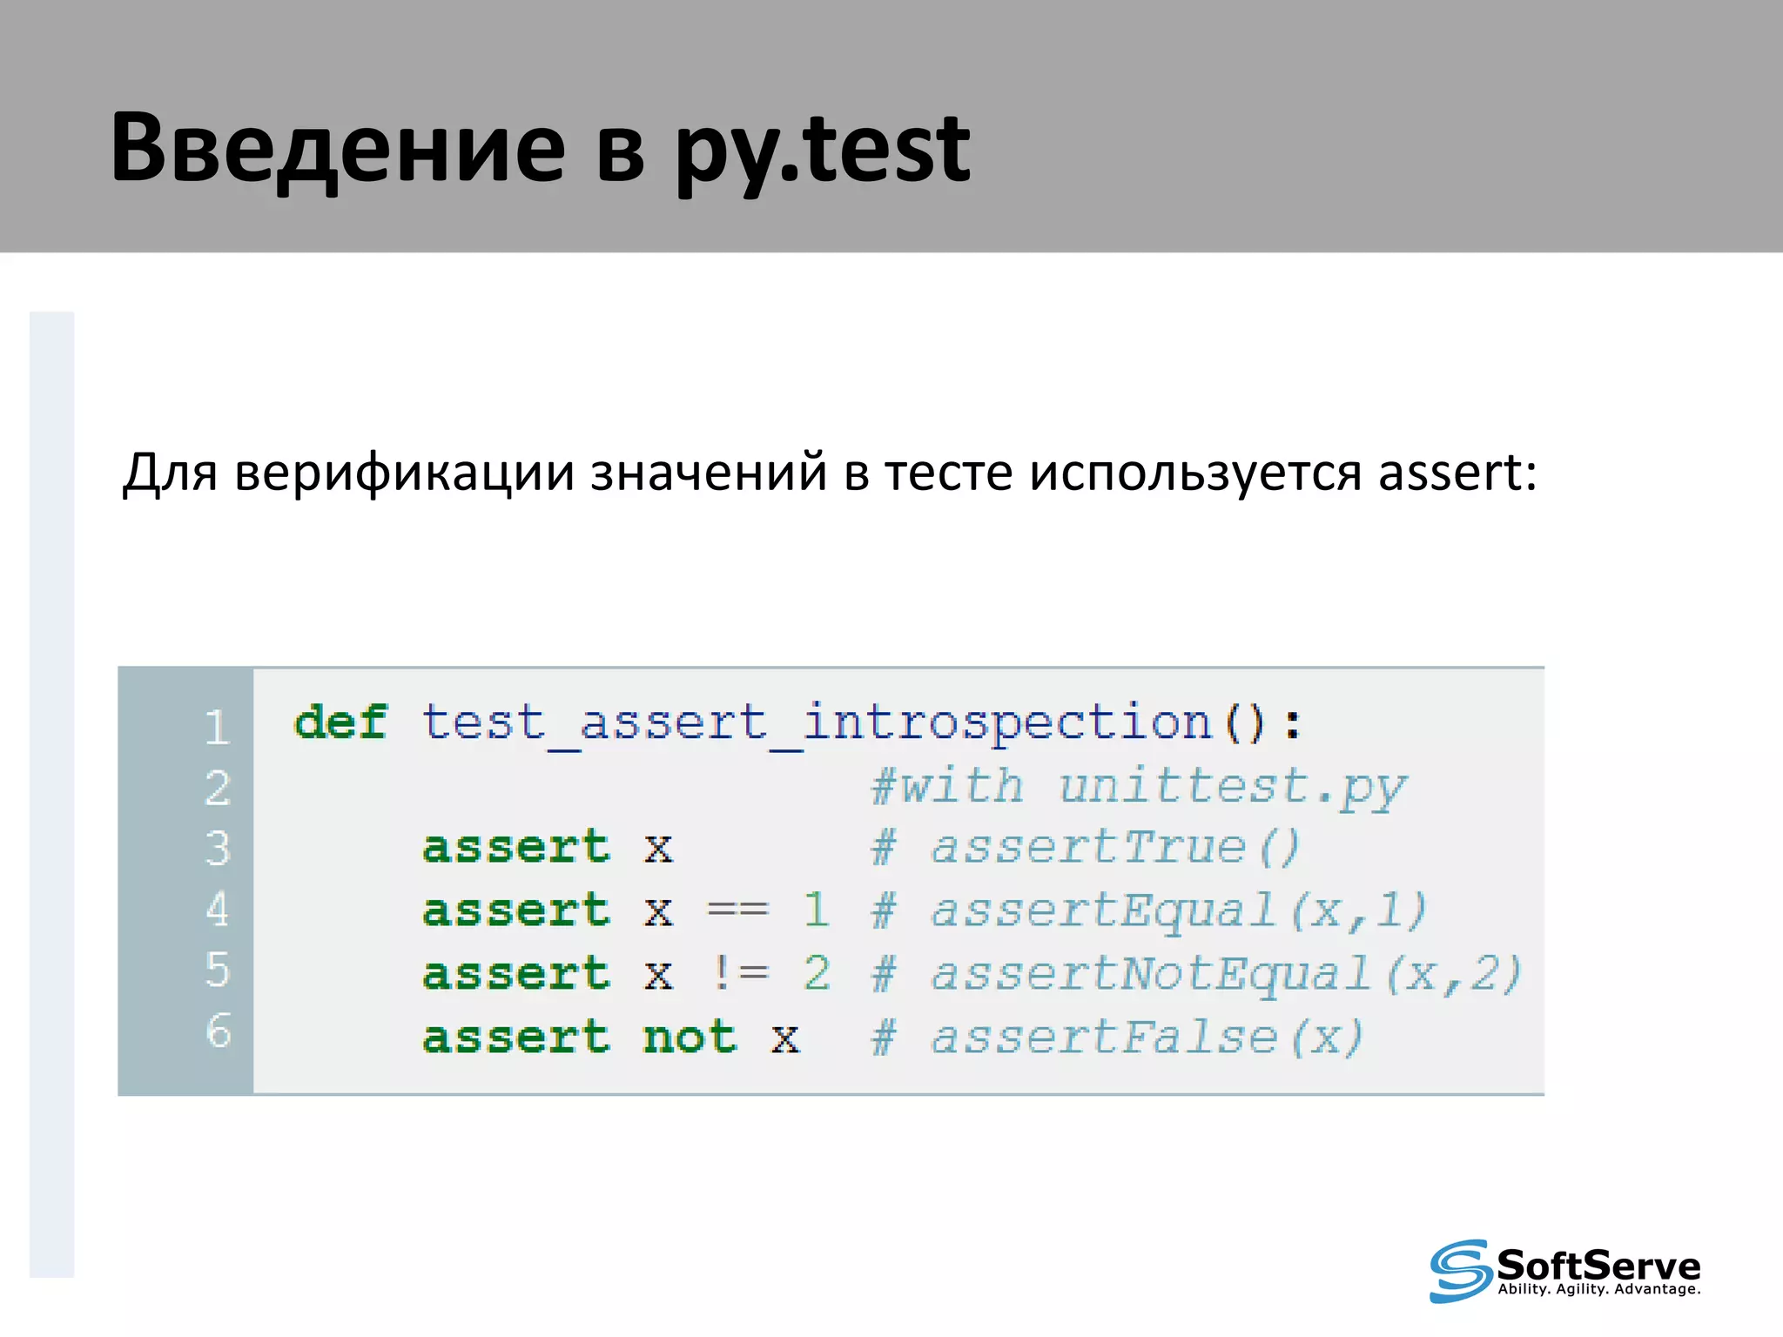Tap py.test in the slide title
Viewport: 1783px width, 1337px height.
click(822, 150)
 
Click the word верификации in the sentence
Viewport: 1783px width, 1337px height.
click(405, 473)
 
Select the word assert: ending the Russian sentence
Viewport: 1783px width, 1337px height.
click(1457, 473)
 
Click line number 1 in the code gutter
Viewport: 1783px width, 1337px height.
click(217, 727)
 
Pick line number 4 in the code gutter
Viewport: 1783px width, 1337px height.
click(217, 909)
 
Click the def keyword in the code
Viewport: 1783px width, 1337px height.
click(340, 722)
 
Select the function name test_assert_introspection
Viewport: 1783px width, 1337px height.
click(817, 723)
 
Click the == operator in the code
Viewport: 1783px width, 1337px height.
click(737, 910)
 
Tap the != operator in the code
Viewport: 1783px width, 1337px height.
click(739, 972)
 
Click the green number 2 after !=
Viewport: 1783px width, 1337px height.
click(817, 972)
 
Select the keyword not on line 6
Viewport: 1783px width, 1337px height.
click(690, 1037)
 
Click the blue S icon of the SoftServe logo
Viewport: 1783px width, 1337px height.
click(1459, 1270)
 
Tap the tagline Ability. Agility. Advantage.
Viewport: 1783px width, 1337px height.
click(1598, 1289)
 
